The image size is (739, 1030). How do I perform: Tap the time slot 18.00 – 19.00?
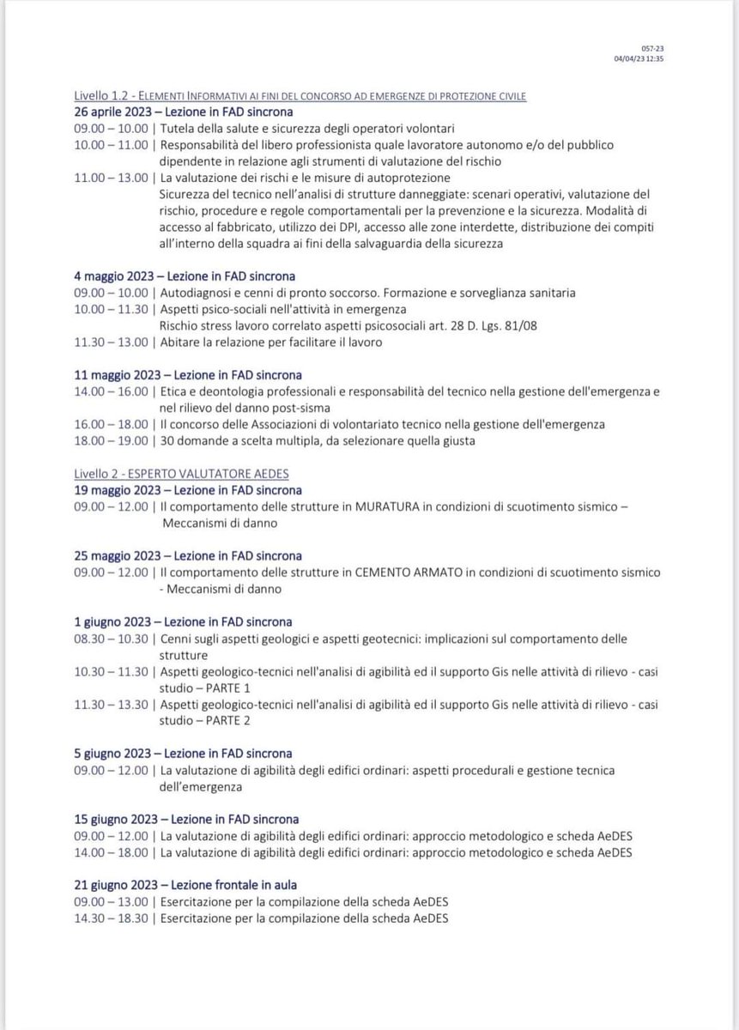[x=112, y=441]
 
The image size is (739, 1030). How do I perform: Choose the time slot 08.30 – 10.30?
[x=112, y=639]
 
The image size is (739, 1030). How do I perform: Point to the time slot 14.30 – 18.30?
[x=112, y=917]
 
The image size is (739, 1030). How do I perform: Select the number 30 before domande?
[x=169, y=441]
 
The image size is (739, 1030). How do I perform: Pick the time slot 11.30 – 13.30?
[x=112, y=704]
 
